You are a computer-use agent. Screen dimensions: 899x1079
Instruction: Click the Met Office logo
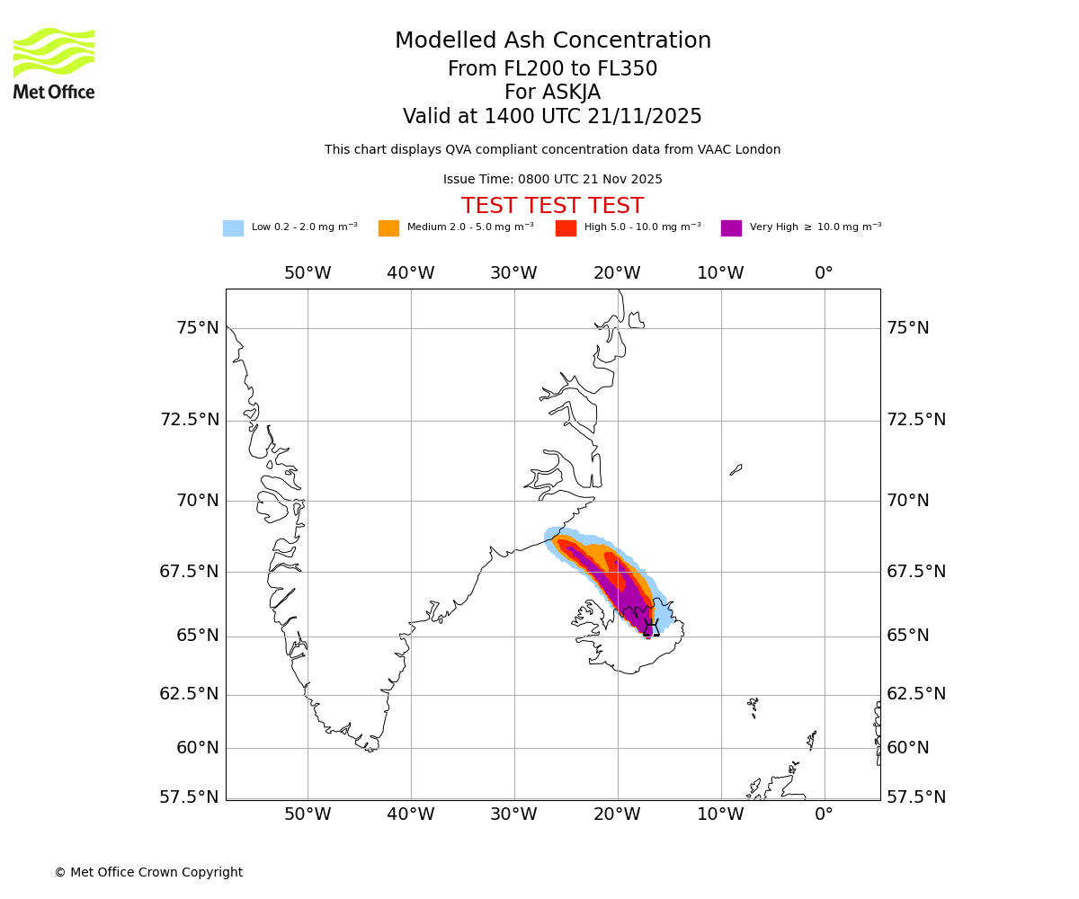point(54,63)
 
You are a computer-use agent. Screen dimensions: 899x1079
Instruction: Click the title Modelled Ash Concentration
point(552,41)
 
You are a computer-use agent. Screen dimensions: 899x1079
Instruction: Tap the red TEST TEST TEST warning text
point(552,207)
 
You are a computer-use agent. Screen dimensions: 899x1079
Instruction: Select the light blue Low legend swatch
point(233,228)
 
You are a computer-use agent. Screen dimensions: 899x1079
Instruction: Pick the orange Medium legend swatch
point(388,228)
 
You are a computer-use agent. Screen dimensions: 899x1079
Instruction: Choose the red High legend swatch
point(566,228)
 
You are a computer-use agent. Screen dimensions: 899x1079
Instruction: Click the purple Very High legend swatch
point(731,228)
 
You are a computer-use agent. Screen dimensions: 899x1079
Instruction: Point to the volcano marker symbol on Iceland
point(651,628)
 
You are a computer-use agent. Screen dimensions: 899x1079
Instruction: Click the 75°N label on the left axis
point(197,328)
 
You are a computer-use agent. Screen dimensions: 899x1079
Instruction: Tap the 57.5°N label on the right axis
point(916,797)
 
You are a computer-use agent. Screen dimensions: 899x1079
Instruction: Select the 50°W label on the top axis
point(308,273)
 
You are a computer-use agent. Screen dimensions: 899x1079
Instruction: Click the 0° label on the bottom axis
point(824,815)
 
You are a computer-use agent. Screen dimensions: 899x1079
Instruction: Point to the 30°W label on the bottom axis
point(513,815)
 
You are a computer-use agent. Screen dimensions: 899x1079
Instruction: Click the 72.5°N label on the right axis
point(916,420)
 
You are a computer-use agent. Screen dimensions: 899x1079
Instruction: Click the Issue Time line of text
point(552,180)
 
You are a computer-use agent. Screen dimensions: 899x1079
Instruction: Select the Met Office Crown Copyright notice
point(148,873)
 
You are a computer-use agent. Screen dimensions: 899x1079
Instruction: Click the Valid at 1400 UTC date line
point(552,117)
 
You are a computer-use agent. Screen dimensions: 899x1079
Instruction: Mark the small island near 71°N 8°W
point(736,469)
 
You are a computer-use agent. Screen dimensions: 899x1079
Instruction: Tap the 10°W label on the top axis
point(720,273)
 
